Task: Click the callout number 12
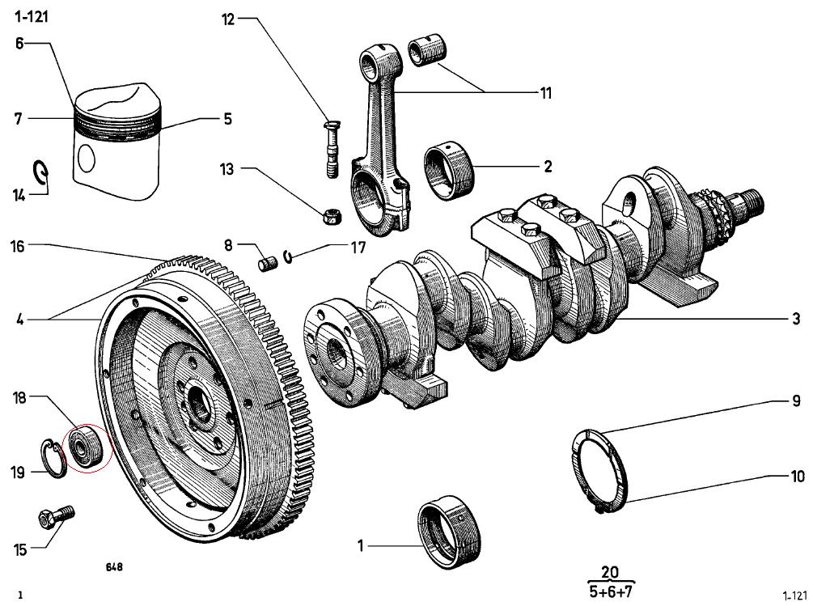coord(228,19)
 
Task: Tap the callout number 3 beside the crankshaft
coord(796,318)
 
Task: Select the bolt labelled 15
coord(57,516)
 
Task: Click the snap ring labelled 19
coord(53,458)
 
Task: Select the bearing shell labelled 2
coord(449,172)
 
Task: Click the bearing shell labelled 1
coord(449,532)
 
